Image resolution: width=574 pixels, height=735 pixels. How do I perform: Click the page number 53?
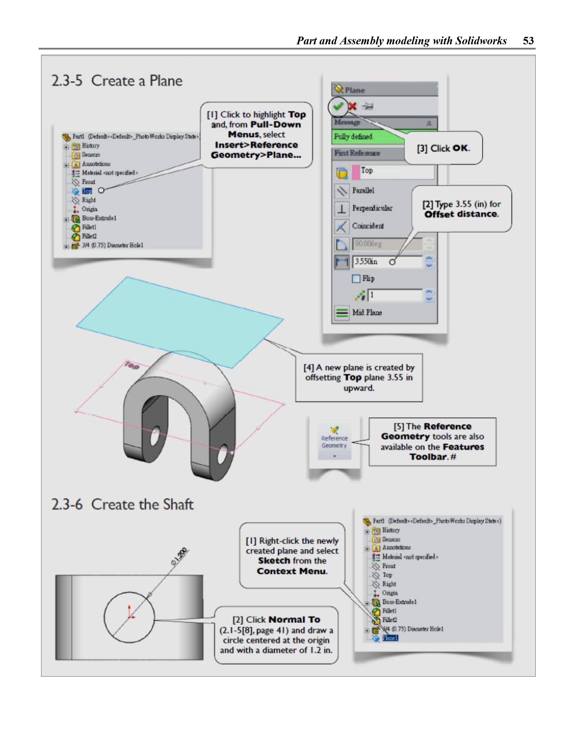click(528, 41)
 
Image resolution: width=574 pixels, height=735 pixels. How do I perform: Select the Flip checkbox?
click(356, 279)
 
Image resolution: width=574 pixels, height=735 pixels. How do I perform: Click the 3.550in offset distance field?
click(387, 262)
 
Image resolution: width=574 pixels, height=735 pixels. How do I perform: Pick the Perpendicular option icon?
click(342, 209)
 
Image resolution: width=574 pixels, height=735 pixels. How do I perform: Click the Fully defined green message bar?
click(367, 137)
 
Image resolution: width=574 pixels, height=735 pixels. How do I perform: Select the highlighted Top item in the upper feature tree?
click(87, 191)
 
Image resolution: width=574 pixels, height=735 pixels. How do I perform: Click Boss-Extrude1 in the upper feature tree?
click(99, 218)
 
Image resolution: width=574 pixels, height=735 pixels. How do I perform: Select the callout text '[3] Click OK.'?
click(443, 148)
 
